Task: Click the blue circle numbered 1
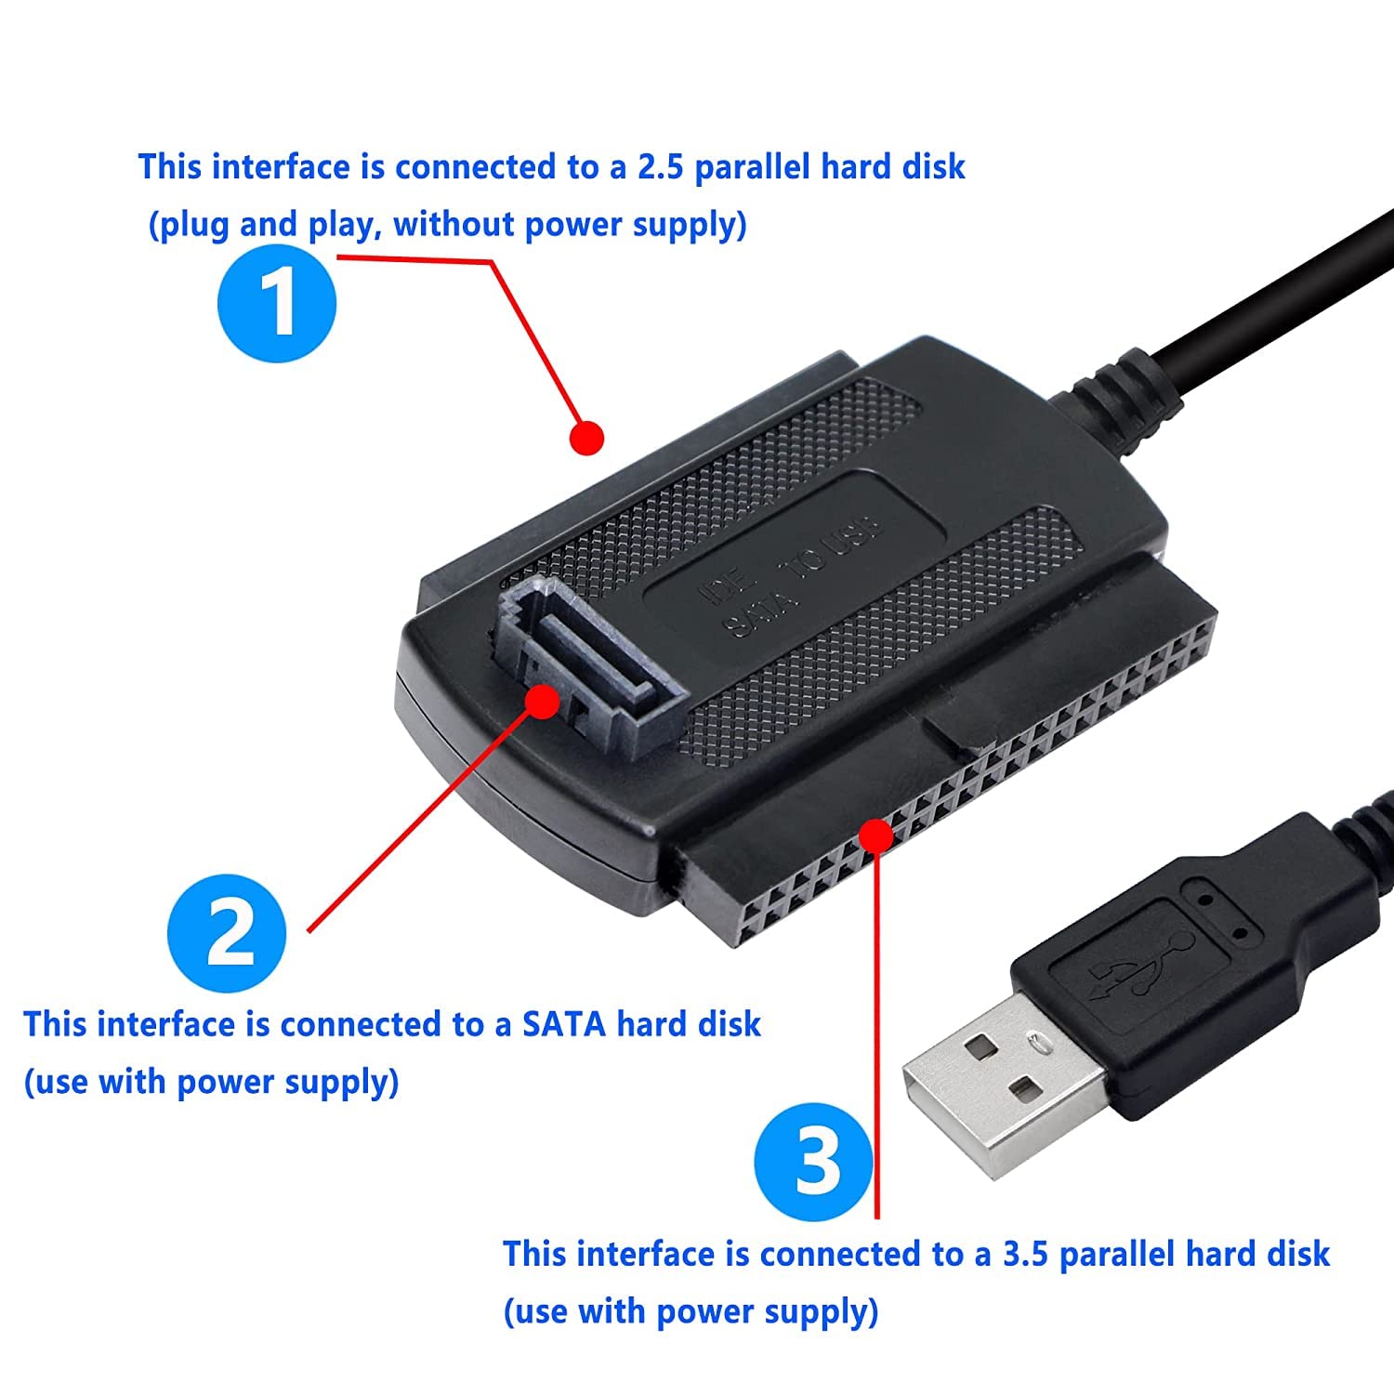click(277, 303)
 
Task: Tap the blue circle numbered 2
click(227, 933)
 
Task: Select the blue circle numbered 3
click(814, 1162)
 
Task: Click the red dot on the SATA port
click(543, 701)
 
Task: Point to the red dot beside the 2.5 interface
click(586, 437)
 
